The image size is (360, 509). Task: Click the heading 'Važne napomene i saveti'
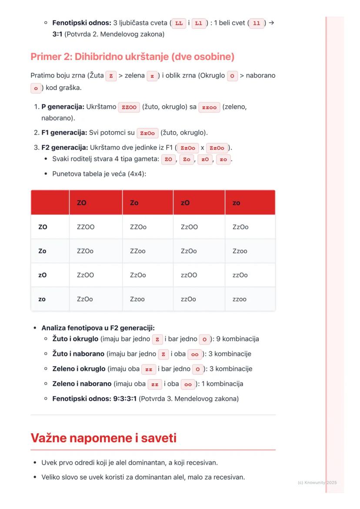pyautogui.click(x=103, y=438)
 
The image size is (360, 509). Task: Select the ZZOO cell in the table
pyautogui.click(x=86, y=226)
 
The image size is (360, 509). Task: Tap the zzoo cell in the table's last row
pyautogui.click(x=240, y=299)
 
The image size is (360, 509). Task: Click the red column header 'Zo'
pyautogui.click(x=134, y=203)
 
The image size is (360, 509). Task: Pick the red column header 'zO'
pyautogui.click(x=185, y=203)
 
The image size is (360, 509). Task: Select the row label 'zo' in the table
pyautogui.click(x=42, y=299)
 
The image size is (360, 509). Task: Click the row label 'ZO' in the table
pyautogui.click(x=43, y=226)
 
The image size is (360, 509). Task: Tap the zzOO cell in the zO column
pyautogui.click(x=189, y=275)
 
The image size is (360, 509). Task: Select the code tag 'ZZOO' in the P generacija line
pyautogui.click(x=129, y=107)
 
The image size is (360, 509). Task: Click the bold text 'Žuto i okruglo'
pyautogui.click(x=76, y=339)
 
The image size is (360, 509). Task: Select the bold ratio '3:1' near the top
pyautogui.click(x=57, y=33)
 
